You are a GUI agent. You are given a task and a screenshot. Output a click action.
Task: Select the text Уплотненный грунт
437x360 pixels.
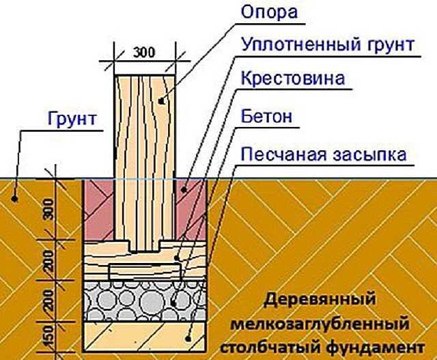coord(326,46)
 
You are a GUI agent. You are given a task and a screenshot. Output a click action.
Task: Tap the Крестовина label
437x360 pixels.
coord(292,79)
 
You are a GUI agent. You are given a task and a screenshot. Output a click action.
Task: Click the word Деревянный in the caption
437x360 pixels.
coord(320,300)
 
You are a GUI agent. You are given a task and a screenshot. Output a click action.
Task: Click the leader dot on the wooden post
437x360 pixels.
coord(161,101)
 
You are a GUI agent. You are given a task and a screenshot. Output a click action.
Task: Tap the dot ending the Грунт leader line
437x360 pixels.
coord(13,199)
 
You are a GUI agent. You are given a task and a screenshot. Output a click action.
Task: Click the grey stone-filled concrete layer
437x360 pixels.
coord(144,299)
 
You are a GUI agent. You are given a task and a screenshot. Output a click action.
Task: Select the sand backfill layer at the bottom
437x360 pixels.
coord(144,335)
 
